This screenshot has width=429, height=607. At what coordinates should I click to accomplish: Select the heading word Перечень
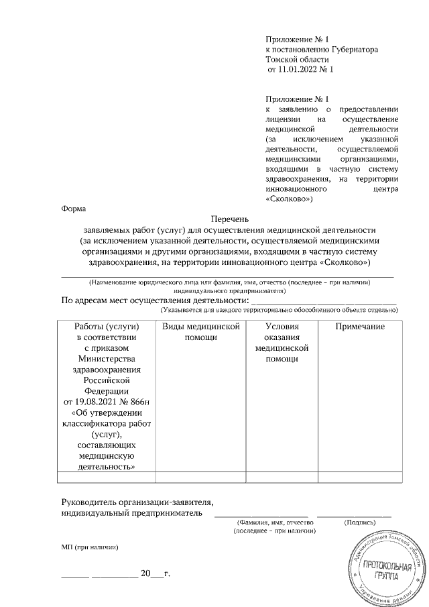(x=229, y=219)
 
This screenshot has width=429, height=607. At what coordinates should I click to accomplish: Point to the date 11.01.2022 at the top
(x=299, y=69)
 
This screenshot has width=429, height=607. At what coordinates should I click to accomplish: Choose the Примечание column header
(x=360, y=326)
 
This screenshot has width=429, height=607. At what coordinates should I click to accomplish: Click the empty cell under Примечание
(x=360, y=477)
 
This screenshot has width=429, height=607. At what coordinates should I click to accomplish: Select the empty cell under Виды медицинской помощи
(x=202, y=477)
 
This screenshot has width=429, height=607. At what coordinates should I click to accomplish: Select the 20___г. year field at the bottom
(x=152, y=574)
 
